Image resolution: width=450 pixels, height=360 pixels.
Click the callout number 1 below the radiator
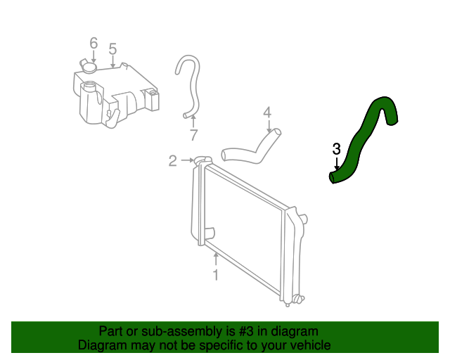click(216, 275)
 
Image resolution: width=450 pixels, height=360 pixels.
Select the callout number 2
click(173, 161)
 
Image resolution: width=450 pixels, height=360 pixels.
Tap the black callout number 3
click(336, 149)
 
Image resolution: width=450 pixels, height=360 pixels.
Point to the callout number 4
click(267, 112)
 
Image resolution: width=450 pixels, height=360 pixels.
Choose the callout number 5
click(112, 49)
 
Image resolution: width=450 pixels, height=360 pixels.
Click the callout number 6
click(94, 44)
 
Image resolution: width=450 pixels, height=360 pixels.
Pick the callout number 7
click(193, 134)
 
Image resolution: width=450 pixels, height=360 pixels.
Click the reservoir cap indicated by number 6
click(88, 67)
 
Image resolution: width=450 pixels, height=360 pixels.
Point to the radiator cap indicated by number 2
click(201, 161)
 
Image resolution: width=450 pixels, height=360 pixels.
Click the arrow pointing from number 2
click(187, 161)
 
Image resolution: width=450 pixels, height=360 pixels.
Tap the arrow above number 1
click(216, 259)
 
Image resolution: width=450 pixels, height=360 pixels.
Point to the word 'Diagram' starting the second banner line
click(102, 345)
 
